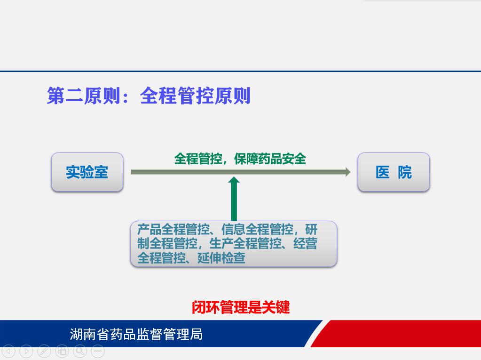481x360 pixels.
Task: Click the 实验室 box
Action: (87, 172)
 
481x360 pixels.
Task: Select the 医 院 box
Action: (394, 172)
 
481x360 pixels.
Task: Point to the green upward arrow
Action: (234, 199)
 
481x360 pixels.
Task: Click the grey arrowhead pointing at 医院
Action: (348, 172)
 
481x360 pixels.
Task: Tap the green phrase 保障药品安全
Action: (270, 159)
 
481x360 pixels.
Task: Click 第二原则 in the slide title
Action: (83, 96)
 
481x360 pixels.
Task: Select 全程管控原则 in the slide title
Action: (195, 96)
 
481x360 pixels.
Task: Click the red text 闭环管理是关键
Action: (241, 307)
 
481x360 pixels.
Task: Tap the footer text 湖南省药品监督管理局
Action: (136, 334)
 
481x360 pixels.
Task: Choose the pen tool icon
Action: (44, 351)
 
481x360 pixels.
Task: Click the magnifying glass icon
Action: (80, 351)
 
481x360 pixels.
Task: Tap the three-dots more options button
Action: (98, 351)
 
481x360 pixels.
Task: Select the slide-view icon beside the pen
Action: (62, 351)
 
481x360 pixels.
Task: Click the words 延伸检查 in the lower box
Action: (221, 258)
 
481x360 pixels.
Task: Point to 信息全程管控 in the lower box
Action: (257, 229)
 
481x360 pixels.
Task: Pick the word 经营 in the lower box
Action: (305, 243)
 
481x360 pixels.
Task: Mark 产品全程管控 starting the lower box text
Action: (173, 229)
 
